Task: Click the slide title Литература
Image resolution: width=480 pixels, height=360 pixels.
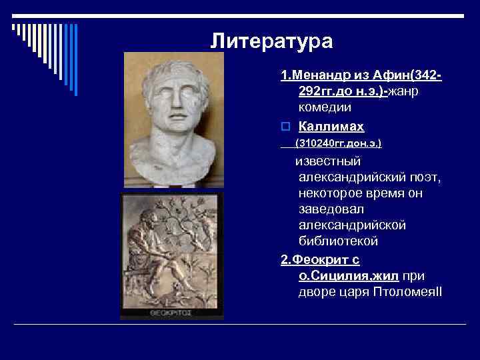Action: (x=271, y=41)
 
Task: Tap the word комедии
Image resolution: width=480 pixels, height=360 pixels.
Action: (x=325, y=107)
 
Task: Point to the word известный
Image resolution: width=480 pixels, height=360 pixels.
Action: (x=328, y=161)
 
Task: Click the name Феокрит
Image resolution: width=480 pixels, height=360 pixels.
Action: (x=319, y=259)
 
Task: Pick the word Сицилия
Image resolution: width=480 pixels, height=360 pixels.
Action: (x=337, y=275)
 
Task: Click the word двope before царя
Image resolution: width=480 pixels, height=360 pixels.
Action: (x=317, y=292)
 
